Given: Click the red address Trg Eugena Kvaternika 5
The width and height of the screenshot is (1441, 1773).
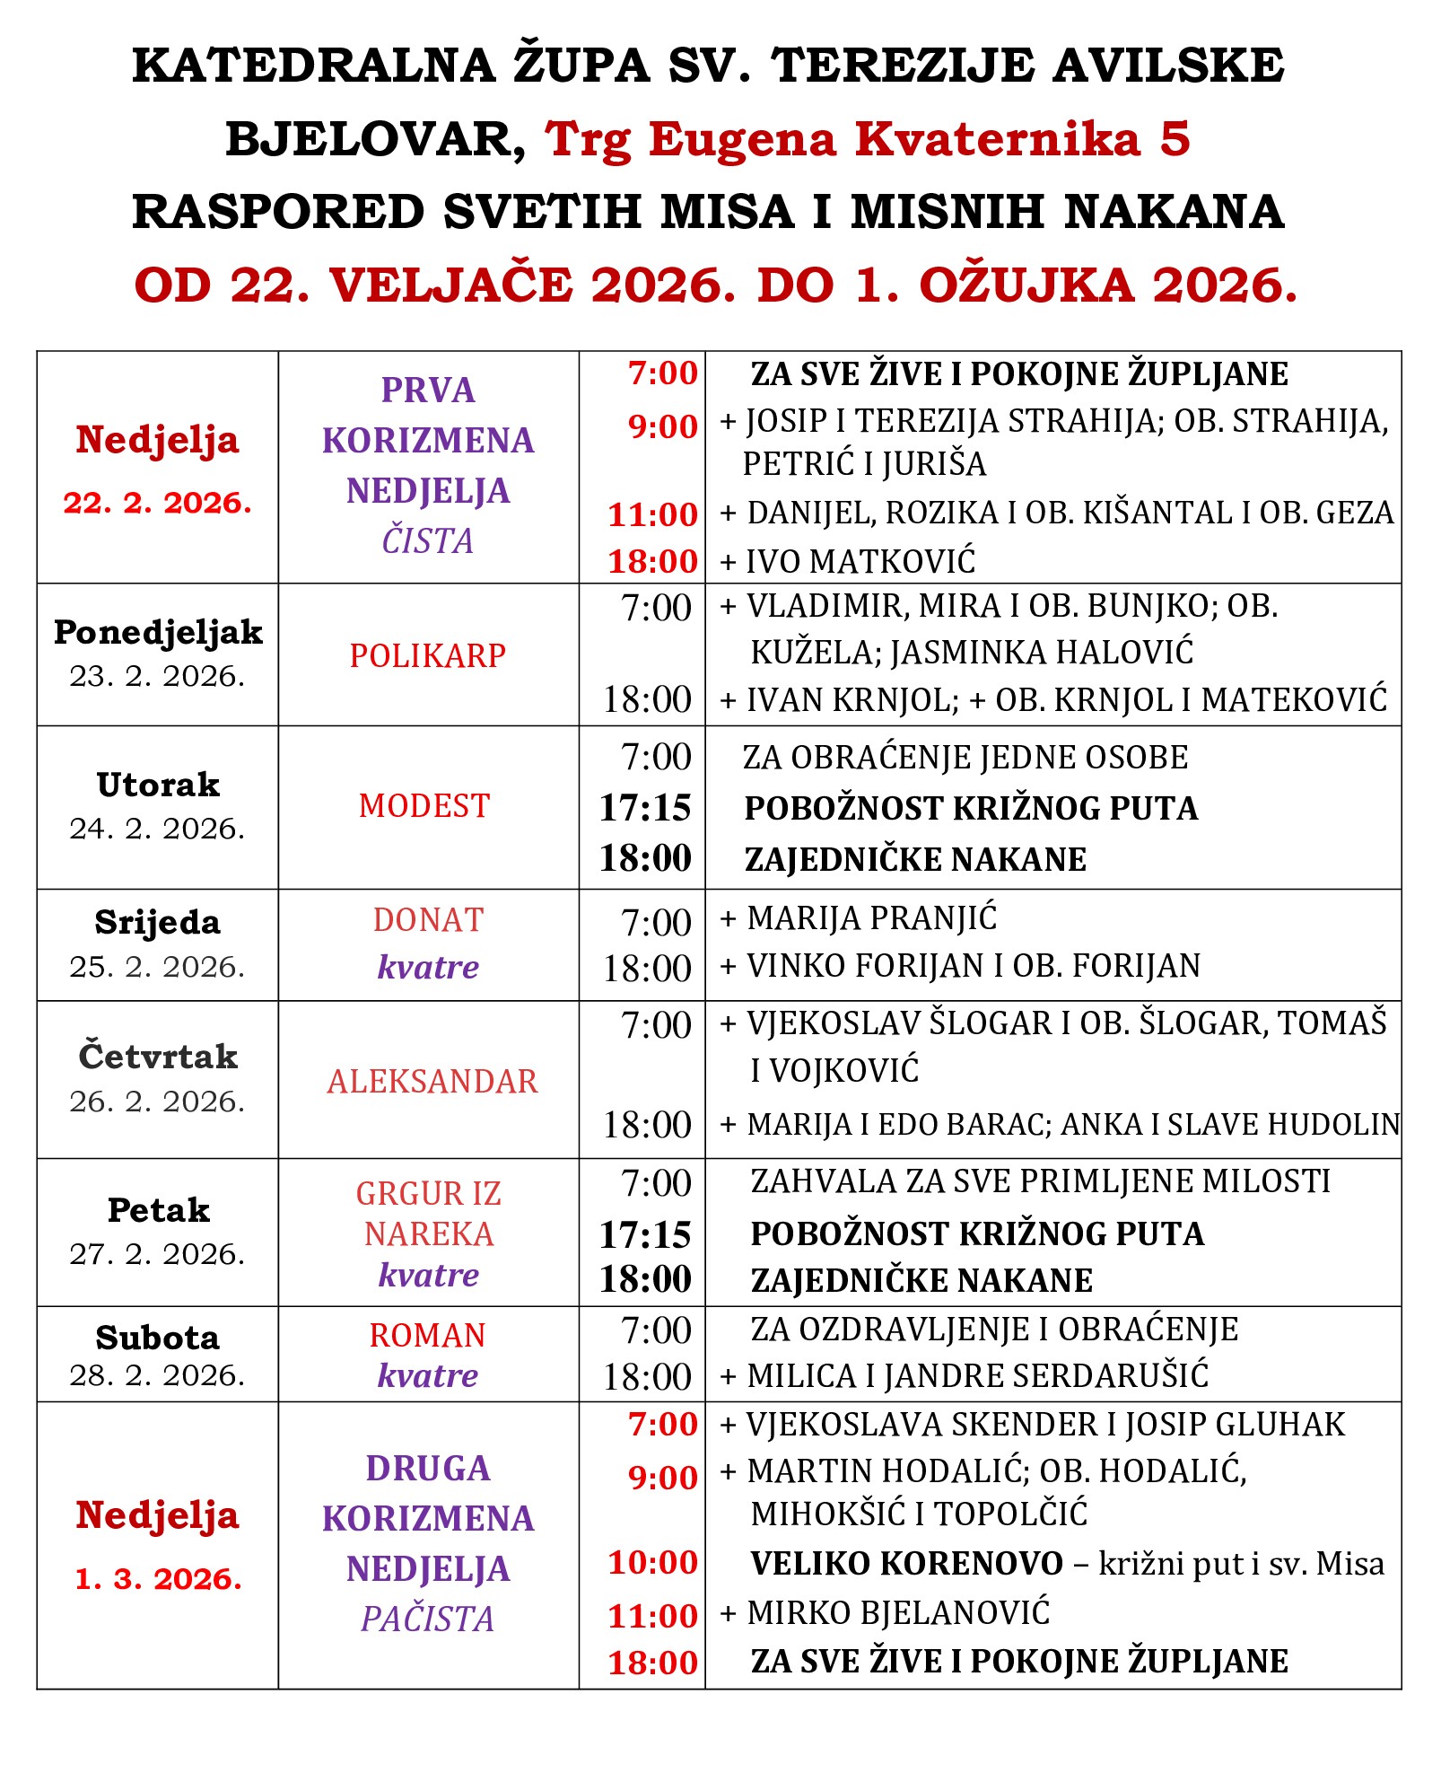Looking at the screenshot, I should point(867,139).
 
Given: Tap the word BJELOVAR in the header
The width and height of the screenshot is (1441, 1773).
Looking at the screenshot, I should point(375,139).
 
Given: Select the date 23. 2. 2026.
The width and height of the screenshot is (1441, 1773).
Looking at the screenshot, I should point(157,676).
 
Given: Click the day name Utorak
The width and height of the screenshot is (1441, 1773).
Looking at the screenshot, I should point(158,785).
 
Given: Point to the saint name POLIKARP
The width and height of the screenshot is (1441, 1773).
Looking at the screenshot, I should point(428,656).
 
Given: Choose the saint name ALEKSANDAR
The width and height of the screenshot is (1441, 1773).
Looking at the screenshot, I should point(432,1082).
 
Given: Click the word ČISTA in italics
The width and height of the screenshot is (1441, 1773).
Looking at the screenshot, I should point(428,541).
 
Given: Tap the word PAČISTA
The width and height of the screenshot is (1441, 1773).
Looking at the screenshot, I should point(428,1619).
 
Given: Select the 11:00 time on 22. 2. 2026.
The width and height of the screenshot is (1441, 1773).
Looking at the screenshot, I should point(652,514).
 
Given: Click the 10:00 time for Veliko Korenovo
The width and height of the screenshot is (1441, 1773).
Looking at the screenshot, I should point(652,1563).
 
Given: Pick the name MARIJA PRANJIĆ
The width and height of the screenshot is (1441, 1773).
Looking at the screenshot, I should point(871,918).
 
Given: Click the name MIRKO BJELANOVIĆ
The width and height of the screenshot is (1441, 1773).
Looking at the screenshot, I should point(897,1613).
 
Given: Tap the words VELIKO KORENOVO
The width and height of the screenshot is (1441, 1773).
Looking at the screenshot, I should point(906,1564).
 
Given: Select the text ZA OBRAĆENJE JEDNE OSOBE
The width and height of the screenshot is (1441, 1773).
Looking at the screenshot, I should point(965,758).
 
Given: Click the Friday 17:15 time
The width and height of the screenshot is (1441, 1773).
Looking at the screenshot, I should point(645,1235).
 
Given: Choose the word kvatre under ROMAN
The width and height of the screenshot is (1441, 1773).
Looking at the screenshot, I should point(428,1375).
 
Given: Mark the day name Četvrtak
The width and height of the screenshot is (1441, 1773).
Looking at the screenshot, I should point(158,1057).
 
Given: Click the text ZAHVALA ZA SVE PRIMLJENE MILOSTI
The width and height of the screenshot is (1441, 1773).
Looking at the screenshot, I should point(1040,1181).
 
